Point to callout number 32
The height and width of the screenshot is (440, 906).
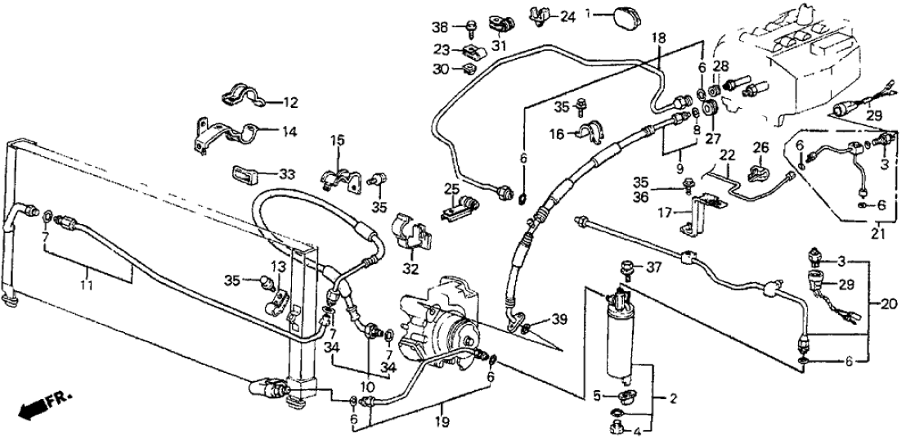410,269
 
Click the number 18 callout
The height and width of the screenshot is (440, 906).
659,38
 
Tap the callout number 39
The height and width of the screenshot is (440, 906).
558,318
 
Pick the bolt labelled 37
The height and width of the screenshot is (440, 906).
629,266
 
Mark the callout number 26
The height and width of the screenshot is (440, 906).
761,147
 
